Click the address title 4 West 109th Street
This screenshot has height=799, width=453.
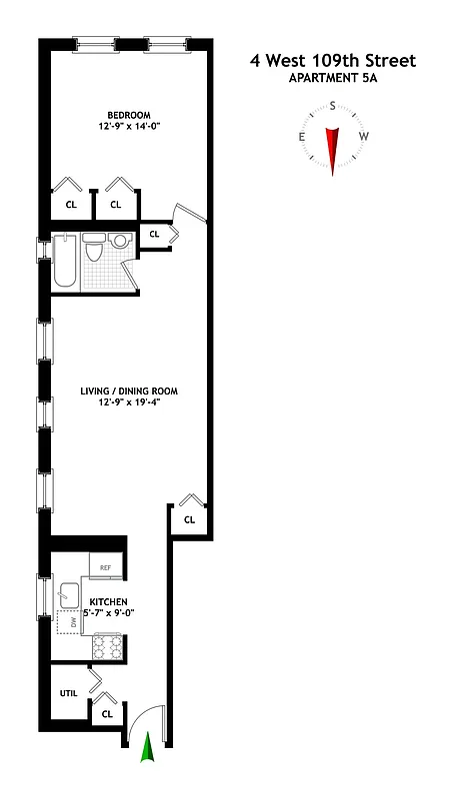(x=332, y=62)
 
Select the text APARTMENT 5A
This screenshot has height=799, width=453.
(x=332, y=80)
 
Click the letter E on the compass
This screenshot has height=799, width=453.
(x=300, y=137)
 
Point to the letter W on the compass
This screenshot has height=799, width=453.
(x=365, y=137)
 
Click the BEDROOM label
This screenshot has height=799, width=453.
(x=129, y=114)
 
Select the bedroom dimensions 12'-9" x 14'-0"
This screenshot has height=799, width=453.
(x=129, y=128)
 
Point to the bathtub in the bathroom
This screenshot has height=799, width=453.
(x=64, y=262)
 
